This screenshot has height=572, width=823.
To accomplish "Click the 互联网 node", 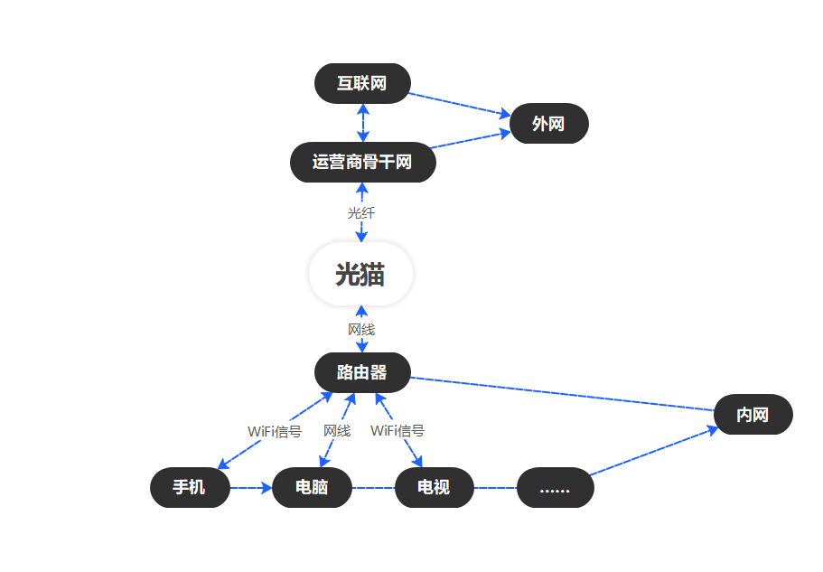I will click(x=362, y=83).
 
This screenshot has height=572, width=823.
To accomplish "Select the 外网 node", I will click(x=548, y=124).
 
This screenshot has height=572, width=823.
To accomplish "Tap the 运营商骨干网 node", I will click(x=362, y=163).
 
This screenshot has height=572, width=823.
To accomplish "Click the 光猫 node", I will click(x=360, y=275).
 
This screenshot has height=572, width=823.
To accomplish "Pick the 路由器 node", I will click(x=362, y=372).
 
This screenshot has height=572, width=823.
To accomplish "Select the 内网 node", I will click(x=753, y=415).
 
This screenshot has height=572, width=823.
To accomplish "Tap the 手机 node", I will click(x=190, y=488).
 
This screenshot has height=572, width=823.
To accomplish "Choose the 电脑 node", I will click(x=312, y=488).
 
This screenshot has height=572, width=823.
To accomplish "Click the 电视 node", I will click(x=434, y=488).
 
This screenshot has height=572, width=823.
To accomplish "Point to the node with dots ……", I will click(x=555, y=488).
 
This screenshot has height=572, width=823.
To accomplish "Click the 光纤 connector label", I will click(x=361, y=213).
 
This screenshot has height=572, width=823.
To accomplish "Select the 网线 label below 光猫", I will click(x=361, y=330).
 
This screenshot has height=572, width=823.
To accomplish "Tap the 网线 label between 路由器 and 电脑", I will click(x=337, y=431).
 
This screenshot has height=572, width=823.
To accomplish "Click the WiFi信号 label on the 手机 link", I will click(x=275, y=431).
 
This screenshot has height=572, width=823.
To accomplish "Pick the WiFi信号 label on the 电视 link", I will click(x=397, y=431).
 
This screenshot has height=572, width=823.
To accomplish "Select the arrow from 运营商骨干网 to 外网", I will click(x=470, y=140).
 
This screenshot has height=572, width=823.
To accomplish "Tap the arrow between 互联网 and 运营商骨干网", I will click(x=362, y=123).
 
